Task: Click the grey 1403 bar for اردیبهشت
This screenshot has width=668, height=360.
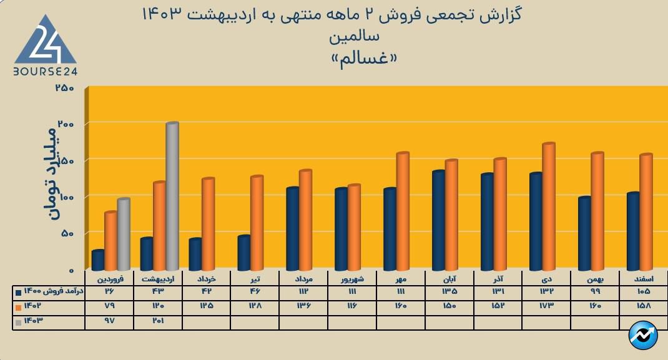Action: coord(172,197)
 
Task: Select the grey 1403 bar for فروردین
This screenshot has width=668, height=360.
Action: coord(124,234)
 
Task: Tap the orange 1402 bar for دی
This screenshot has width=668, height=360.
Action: coord(549,207)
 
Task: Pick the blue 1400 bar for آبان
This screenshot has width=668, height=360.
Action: coord(438,220)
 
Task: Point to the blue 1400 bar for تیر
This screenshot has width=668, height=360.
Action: coord(244,253)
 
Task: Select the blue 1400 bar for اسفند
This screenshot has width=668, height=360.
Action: coord(633,231)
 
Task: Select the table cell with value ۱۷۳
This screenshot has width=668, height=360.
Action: coord(546,306)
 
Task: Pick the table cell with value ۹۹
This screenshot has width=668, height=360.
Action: coord(595,291)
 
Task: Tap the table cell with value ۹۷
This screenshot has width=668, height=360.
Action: coord(109,321)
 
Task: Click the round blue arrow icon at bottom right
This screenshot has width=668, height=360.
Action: coord(644,336)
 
